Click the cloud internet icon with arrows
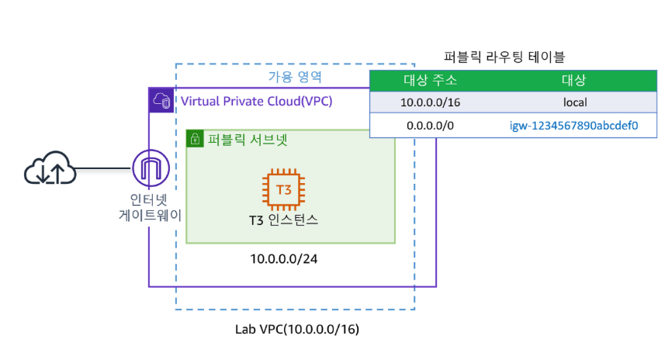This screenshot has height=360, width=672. [50, 169]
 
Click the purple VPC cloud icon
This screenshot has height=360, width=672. [161, 100]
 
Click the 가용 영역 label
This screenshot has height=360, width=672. [295, 78]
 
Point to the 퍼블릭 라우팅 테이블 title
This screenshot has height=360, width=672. [504, 56]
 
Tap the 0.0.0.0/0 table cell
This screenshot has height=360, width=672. [431, 125]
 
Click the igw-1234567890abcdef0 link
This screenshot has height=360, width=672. [573, 125]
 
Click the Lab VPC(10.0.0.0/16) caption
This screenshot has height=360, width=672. [297, 329]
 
